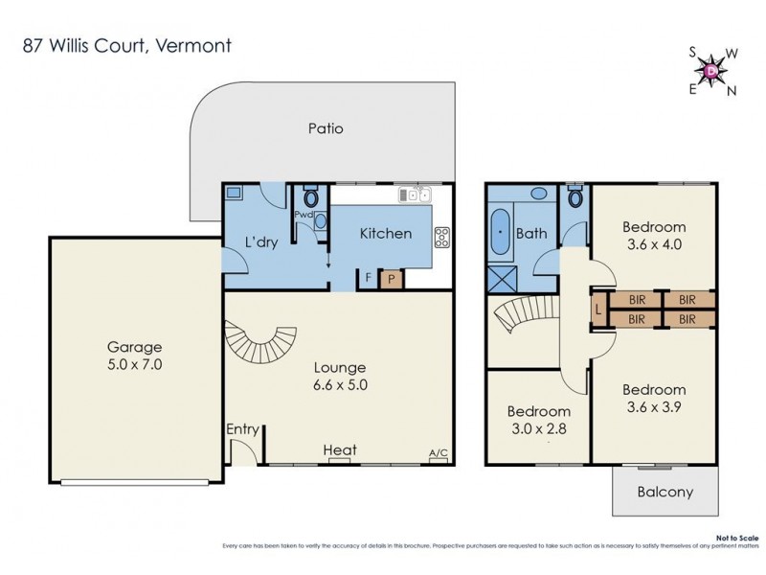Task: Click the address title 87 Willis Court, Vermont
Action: point(126,45)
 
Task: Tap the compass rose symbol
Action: point(710,70)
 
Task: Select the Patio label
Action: point(326,128)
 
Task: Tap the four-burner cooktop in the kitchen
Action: point(442,236)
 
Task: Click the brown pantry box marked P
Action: point(391,279)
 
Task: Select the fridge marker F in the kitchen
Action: point(369,279)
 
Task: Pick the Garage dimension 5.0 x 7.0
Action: point(134,365)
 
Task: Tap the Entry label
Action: point(242,429)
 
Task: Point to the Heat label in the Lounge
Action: point(340,449)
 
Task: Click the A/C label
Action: point(439,452)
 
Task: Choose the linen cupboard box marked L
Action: point(598,310)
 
